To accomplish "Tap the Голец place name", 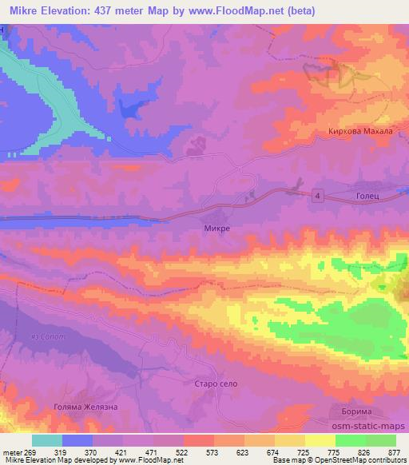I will click(362, 196).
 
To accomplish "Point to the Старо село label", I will click(216, 384).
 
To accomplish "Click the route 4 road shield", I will click(317, 196).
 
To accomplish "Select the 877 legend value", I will click(395, 451).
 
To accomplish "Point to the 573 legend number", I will click(212, 451).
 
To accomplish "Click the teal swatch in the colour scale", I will click(47, 440).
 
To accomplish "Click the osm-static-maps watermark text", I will click(370, 426).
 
